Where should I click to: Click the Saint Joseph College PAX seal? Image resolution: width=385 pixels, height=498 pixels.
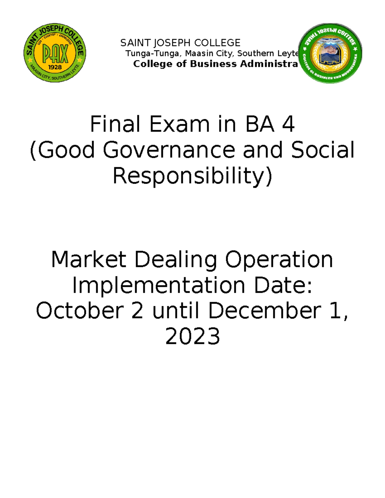(55, 53)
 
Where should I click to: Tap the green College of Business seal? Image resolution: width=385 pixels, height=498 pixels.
(330, 53)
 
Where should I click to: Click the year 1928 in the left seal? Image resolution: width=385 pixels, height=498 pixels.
(55, 67)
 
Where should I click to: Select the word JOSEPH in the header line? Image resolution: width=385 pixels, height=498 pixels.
(172, 43)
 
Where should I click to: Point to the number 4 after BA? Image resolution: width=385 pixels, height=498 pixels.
(288, 124)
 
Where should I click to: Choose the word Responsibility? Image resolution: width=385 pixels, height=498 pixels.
(192, 176)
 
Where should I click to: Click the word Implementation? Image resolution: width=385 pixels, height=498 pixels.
(158, 286)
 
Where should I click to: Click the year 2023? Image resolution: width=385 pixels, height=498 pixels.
(193, 336)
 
